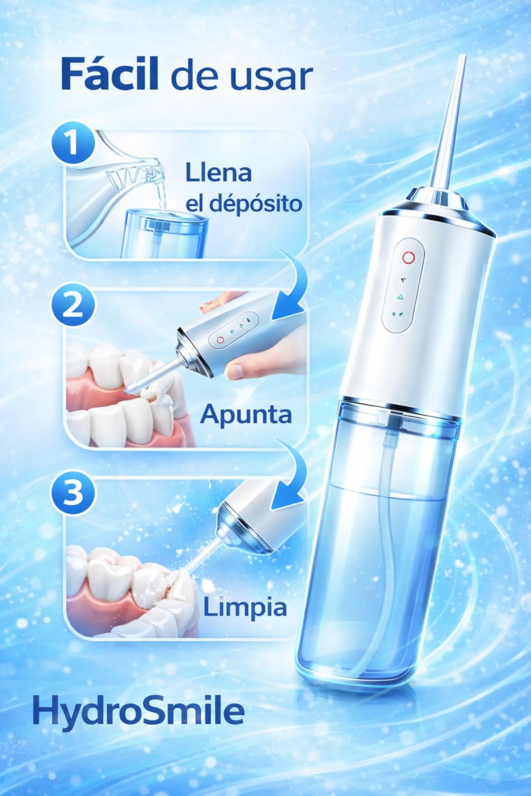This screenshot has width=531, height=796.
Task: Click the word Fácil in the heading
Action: coord(110,73)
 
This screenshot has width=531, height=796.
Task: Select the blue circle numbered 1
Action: coord(73,143)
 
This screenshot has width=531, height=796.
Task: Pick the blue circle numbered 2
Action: coord(73,304)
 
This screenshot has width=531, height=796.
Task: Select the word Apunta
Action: coord(246,415)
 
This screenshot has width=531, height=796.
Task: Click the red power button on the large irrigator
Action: coord(408,257)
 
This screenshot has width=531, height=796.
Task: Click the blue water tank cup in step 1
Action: coord(165,234)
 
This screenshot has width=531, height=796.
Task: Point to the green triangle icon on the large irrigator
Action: coord(400,297)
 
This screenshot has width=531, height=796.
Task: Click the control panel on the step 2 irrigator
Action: coord(233,330)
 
